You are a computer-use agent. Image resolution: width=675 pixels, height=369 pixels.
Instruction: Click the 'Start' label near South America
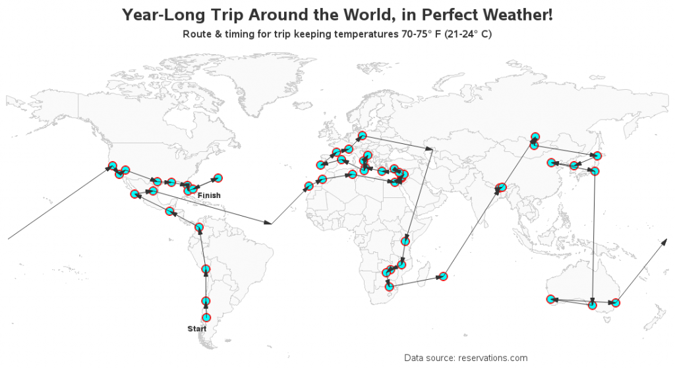tap(196, 329)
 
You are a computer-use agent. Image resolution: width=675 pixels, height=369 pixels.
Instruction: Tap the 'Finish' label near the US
tap(209, 195)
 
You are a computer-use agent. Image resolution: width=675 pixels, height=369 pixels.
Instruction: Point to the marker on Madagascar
tap(443, 277)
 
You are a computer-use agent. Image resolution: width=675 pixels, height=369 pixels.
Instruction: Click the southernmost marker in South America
tap(206, 318)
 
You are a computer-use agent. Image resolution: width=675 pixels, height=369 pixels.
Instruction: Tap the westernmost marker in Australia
tap(550, 300)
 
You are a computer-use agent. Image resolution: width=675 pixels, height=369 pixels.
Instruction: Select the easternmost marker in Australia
tap(615, 303)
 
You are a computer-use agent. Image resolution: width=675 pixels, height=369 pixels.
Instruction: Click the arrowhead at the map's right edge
tap(664, 242)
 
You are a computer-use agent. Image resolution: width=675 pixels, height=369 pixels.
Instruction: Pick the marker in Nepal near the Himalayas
tap(500, 189)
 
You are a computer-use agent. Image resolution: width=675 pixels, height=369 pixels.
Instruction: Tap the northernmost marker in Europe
tap(362, 136)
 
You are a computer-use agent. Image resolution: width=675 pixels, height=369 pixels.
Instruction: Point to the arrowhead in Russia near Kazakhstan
tap(430, 149)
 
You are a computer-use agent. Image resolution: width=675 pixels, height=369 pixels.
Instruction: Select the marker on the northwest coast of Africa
tap(308, 186)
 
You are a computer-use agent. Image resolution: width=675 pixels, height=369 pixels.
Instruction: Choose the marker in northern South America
tap(198, 228)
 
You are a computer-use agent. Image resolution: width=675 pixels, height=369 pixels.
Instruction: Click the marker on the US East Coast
tap(217, 178)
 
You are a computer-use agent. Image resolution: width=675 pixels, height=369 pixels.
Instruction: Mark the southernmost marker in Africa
tap(390, 286)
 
